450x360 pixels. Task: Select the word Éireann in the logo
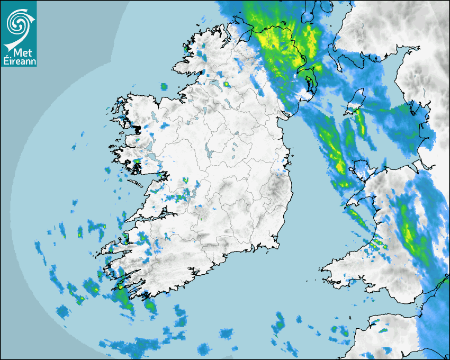click(x=19, y=61)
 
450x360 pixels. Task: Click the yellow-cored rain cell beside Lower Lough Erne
click(x=227, y=84)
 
